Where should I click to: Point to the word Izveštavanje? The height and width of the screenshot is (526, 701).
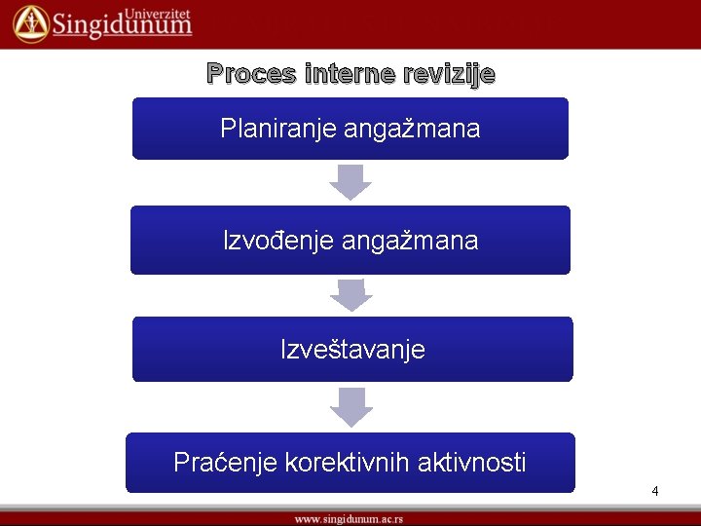pos(352,350)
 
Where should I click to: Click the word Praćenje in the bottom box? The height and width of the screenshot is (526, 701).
pos(225,463)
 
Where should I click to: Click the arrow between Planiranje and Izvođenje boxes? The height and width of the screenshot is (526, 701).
pos(350,182)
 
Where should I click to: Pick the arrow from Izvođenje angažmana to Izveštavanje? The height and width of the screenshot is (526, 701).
pos(350,295)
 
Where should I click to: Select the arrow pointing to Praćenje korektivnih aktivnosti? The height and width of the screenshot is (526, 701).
pos(350,406)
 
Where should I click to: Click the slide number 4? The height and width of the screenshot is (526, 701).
pos(655,491)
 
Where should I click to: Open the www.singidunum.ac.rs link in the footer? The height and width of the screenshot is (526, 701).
pos(350,519)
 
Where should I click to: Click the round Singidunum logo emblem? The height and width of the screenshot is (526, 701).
pos(30,23)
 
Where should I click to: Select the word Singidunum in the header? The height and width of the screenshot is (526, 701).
pos(122,26)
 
